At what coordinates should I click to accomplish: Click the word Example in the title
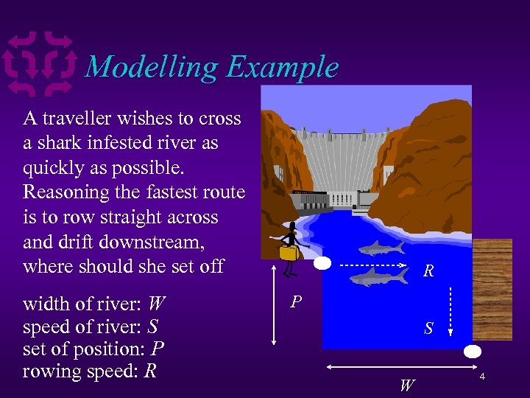(x=282, y=67)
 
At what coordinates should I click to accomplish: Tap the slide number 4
(x=482, y=377)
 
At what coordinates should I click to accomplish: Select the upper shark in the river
(x=381, y=248)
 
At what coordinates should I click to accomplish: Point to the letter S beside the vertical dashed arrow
(x=428, y=329)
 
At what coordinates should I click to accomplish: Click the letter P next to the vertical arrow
(x=295, y=302)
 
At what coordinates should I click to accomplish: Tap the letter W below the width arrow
(x=406, y=384)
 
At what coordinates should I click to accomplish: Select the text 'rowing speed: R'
(x=90, y=371)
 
